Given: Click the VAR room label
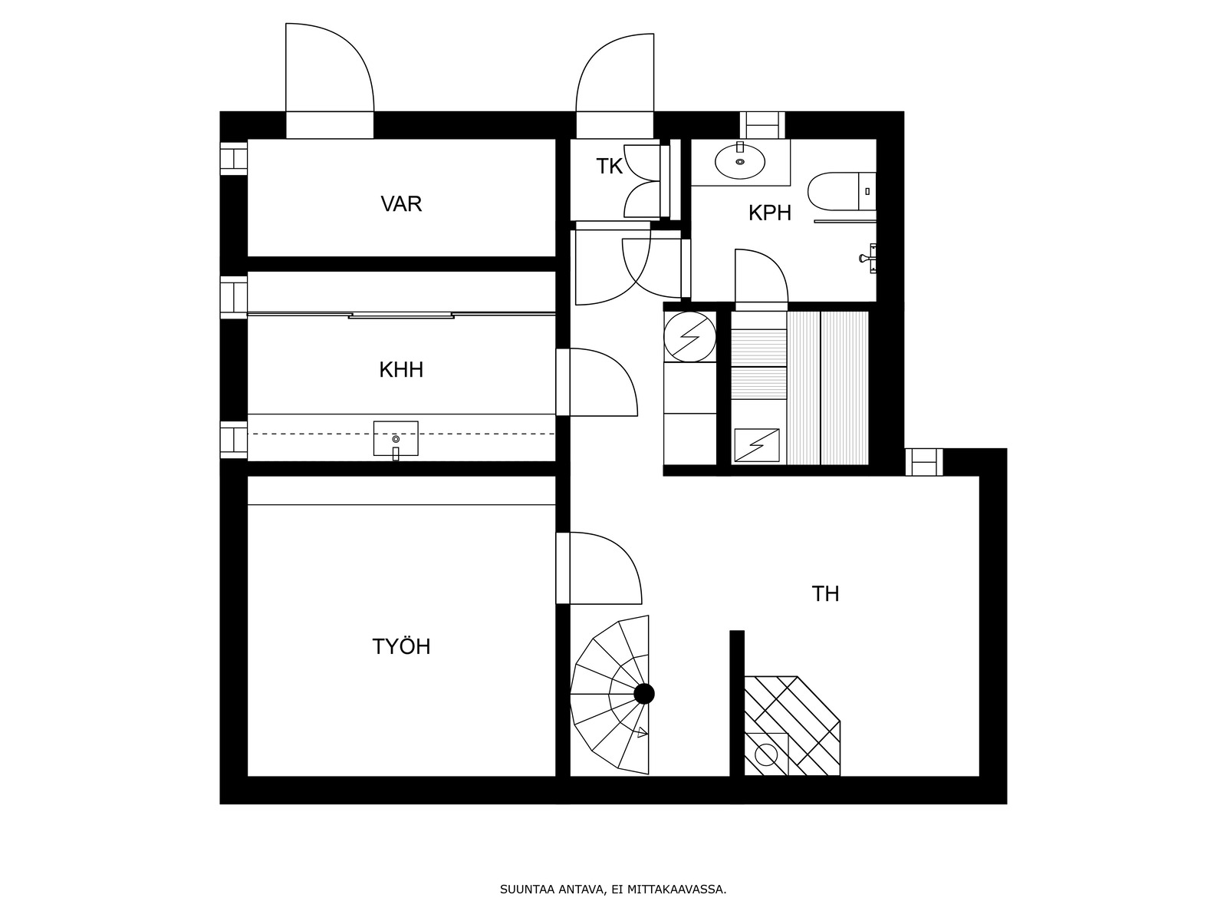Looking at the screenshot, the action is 401,204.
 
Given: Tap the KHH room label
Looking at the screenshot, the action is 401,370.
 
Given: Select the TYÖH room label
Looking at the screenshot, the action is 401,646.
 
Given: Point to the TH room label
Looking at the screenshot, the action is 825,594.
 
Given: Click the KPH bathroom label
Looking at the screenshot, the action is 770,213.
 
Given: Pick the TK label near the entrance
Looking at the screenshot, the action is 609,166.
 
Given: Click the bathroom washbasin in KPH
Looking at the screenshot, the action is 740,162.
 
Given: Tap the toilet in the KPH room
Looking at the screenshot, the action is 841,191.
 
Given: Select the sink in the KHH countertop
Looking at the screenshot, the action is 396,439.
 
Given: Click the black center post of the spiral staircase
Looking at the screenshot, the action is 644,694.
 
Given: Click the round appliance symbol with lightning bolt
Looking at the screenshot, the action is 689,337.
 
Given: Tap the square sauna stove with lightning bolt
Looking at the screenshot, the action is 756,445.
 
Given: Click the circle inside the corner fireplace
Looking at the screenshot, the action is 766,755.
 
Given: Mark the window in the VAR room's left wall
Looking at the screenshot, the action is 233,159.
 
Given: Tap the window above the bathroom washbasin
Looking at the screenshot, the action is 762,125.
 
